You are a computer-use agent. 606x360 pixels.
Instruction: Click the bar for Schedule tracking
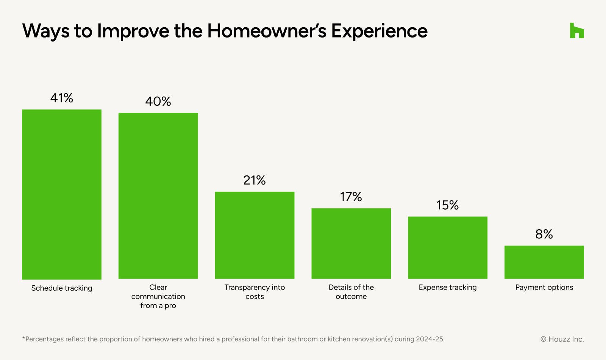[62, 194]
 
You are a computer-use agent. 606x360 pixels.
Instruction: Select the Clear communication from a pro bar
[158, 196]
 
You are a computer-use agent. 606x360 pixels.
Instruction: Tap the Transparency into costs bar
[255, 235]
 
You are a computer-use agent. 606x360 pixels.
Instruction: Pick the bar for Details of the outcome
[351, 243]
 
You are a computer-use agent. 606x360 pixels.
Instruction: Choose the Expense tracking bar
[448, 248]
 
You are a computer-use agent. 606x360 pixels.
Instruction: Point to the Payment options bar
[544, 262]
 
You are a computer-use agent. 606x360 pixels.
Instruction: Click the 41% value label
[62, 98]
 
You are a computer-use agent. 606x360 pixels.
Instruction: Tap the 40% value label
[158, 102]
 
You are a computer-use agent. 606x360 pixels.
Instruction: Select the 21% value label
[255, 180]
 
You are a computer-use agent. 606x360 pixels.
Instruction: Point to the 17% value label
[351, 197]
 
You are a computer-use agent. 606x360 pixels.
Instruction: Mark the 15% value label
[447, 205]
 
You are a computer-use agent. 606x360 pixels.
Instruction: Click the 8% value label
[544, 234]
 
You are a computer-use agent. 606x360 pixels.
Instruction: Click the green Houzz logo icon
[577, 30]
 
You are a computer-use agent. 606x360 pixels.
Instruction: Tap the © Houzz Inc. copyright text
[562, 339]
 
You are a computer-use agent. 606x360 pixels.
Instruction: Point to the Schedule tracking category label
[62, 288]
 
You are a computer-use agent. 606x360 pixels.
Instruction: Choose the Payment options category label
[544, 288]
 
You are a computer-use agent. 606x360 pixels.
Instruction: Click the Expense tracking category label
[448, 288]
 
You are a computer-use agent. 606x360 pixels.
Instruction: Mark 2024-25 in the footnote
[430, 339]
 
